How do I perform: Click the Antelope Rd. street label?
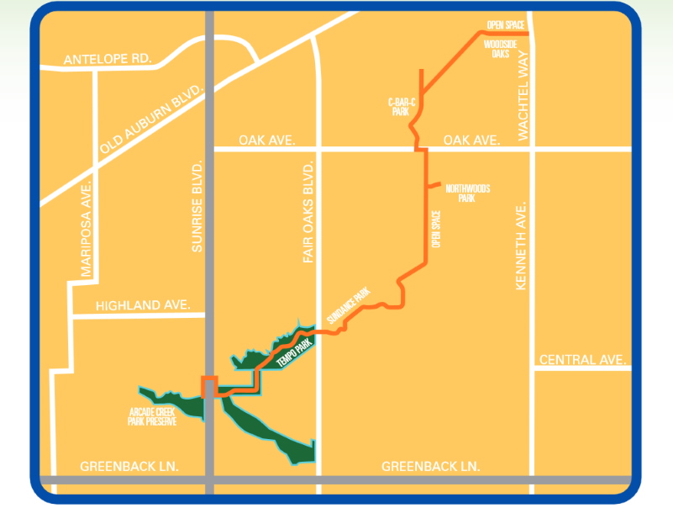click(108, 60)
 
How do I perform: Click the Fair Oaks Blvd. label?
click(308, 210)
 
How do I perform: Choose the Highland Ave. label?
click(144, 305)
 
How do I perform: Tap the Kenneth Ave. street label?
click(521, 246)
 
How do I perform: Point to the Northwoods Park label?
click(467, 193)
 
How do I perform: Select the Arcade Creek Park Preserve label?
click(153, 417)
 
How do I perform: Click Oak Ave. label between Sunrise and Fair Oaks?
click(266, 140)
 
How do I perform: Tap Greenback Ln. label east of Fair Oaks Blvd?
click(430, 466)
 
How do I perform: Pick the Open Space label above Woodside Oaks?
click(505, 26)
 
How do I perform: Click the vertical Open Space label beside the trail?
click(436, 229)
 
